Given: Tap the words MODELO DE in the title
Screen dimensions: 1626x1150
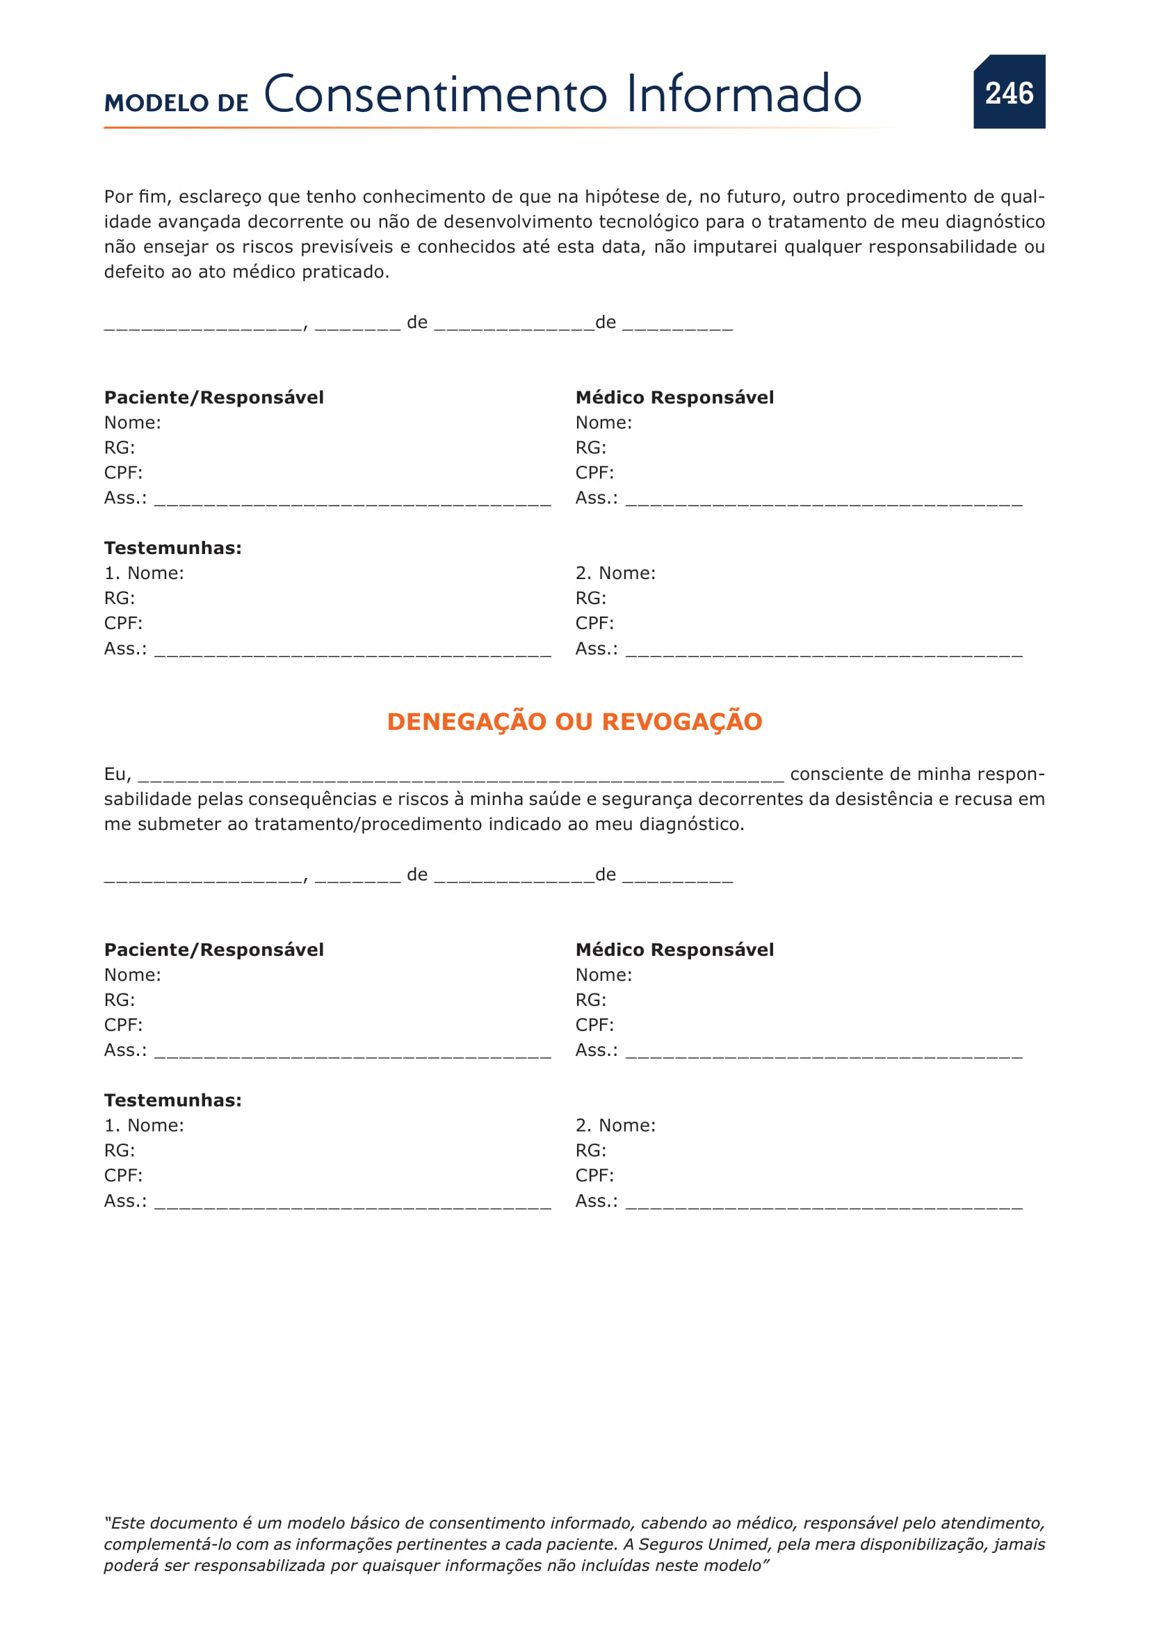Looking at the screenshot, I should [x=177, y=104].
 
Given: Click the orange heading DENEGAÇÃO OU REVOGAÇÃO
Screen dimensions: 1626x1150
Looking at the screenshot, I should [x=574, y=721].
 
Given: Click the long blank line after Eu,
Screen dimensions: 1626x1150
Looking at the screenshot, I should [x=460, y=777].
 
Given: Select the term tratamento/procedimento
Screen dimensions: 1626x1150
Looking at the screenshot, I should [x=368, y=824].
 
